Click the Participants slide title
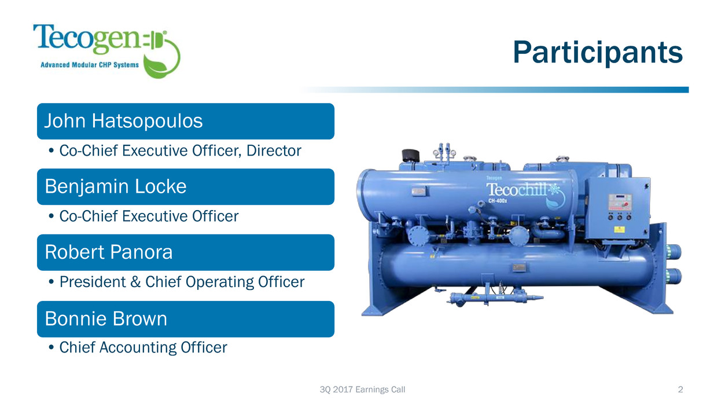coord(598,53)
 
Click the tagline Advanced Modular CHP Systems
coord(90,65)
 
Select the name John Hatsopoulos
coord(123,121)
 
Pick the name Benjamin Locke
coord(116,186)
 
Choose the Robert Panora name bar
coord(186,252)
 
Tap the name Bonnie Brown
coord(106,319)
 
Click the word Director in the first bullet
coord(274,150)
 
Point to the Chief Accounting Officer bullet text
coord(143,347)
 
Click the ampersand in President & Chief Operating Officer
coord(135,282)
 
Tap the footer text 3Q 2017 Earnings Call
coord(362,389)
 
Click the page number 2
coord(680,389)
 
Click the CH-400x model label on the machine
coord(498,201)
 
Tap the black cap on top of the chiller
coord(410,156)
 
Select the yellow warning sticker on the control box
coord(620,230)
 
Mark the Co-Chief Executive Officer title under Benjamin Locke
coord(149,216)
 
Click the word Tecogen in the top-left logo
coord(87,39)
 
